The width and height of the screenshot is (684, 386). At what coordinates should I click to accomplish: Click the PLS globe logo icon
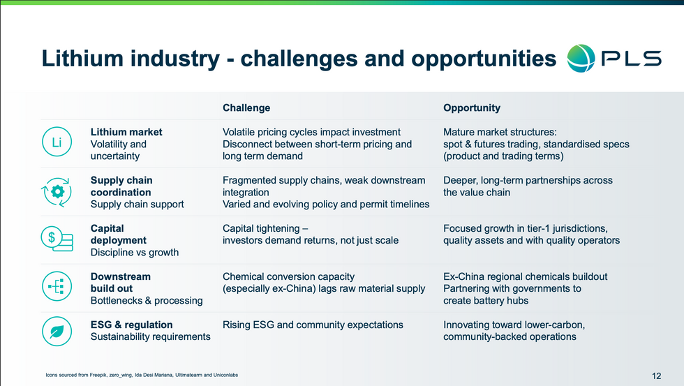click(x=581, y=58)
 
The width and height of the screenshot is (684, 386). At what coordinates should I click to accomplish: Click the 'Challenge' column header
click(x=246, y=107)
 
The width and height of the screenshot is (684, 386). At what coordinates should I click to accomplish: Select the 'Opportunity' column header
click(x=472, y=107)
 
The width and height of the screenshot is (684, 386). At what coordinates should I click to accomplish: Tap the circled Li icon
click(x=57, y=142)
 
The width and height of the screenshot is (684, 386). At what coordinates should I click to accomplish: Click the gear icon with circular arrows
click(x=57, y=191)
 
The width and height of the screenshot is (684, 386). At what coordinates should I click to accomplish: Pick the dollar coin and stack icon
click(x=57, y=239)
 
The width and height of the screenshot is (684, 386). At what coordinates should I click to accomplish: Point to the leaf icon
click(x=57, y=332)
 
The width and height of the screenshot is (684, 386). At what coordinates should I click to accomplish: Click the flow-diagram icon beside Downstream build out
click(x=57, y=286)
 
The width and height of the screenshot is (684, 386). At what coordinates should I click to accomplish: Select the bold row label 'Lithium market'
click(x=126, y=132)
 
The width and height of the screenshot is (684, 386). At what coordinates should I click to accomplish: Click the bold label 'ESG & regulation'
click(x=131, y=325)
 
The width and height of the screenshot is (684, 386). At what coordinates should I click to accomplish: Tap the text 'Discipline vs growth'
click(x=134, y=253)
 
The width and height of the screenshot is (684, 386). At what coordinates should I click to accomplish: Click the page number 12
click(x=656, y=376)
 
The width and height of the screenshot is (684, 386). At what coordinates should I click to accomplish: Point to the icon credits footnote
click(x=142, y=375)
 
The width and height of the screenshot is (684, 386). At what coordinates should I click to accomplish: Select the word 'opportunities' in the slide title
click(x=483, y=59)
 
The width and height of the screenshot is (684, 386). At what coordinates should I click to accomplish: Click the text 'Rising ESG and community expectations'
click(x=313, y=325)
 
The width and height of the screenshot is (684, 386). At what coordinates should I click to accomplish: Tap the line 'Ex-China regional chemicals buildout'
click(x=525, y=276)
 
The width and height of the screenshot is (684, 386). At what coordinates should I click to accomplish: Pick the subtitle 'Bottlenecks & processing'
click(x=147, y=301)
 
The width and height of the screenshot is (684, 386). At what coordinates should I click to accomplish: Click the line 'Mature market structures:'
click(x=500, y=132)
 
